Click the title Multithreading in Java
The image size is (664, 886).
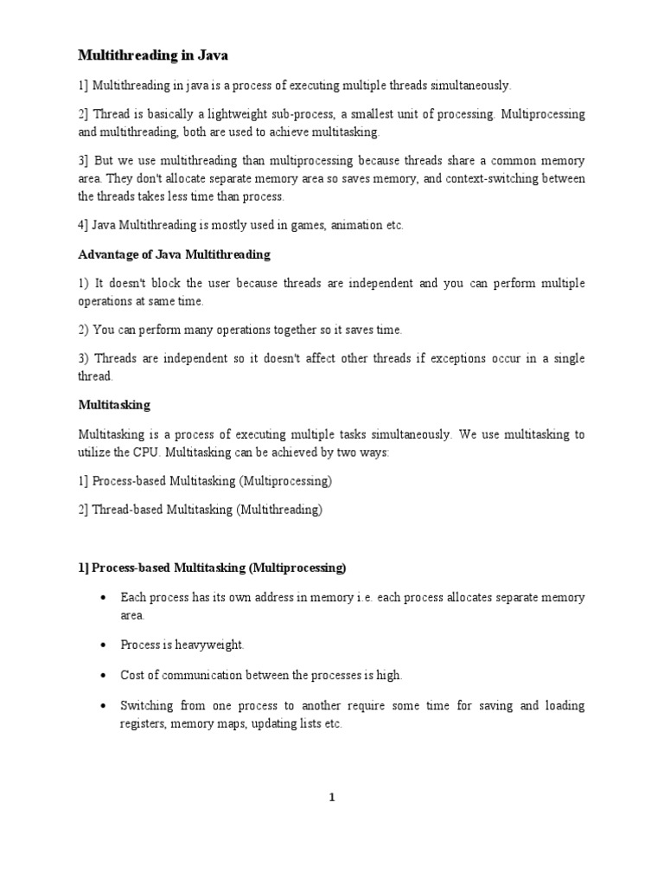point(153,55)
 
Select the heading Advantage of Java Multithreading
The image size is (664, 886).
point(174,254)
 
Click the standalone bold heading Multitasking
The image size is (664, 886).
point(113,405)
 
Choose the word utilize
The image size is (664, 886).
point(96,452)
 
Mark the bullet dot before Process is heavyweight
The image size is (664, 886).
point(104,645)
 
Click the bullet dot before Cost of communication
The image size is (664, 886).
point(104,675)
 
